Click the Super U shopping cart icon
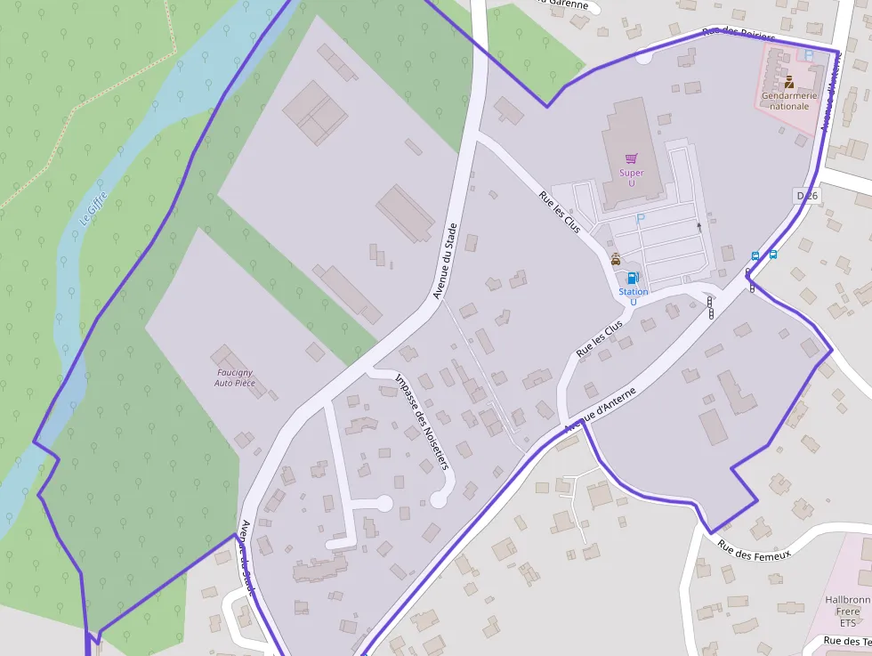click(631, 158)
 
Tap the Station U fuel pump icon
click(633, 278)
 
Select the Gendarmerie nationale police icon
click(789, 83)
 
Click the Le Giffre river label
click(93, 207)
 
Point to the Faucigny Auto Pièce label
click(235, 377)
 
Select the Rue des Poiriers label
click(738, 35)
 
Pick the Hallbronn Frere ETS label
click(847, 611)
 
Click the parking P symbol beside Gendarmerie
click(808, 55)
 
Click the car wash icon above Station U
click(616, 259)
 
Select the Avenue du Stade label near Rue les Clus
click(445, 260)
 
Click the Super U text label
click(631, 178)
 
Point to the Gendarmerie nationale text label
click(785, 100)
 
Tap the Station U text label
click(633, 296)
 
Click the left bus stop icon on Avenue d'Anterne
click(755, 255)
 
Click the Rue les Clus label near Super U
click(560, 213)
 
